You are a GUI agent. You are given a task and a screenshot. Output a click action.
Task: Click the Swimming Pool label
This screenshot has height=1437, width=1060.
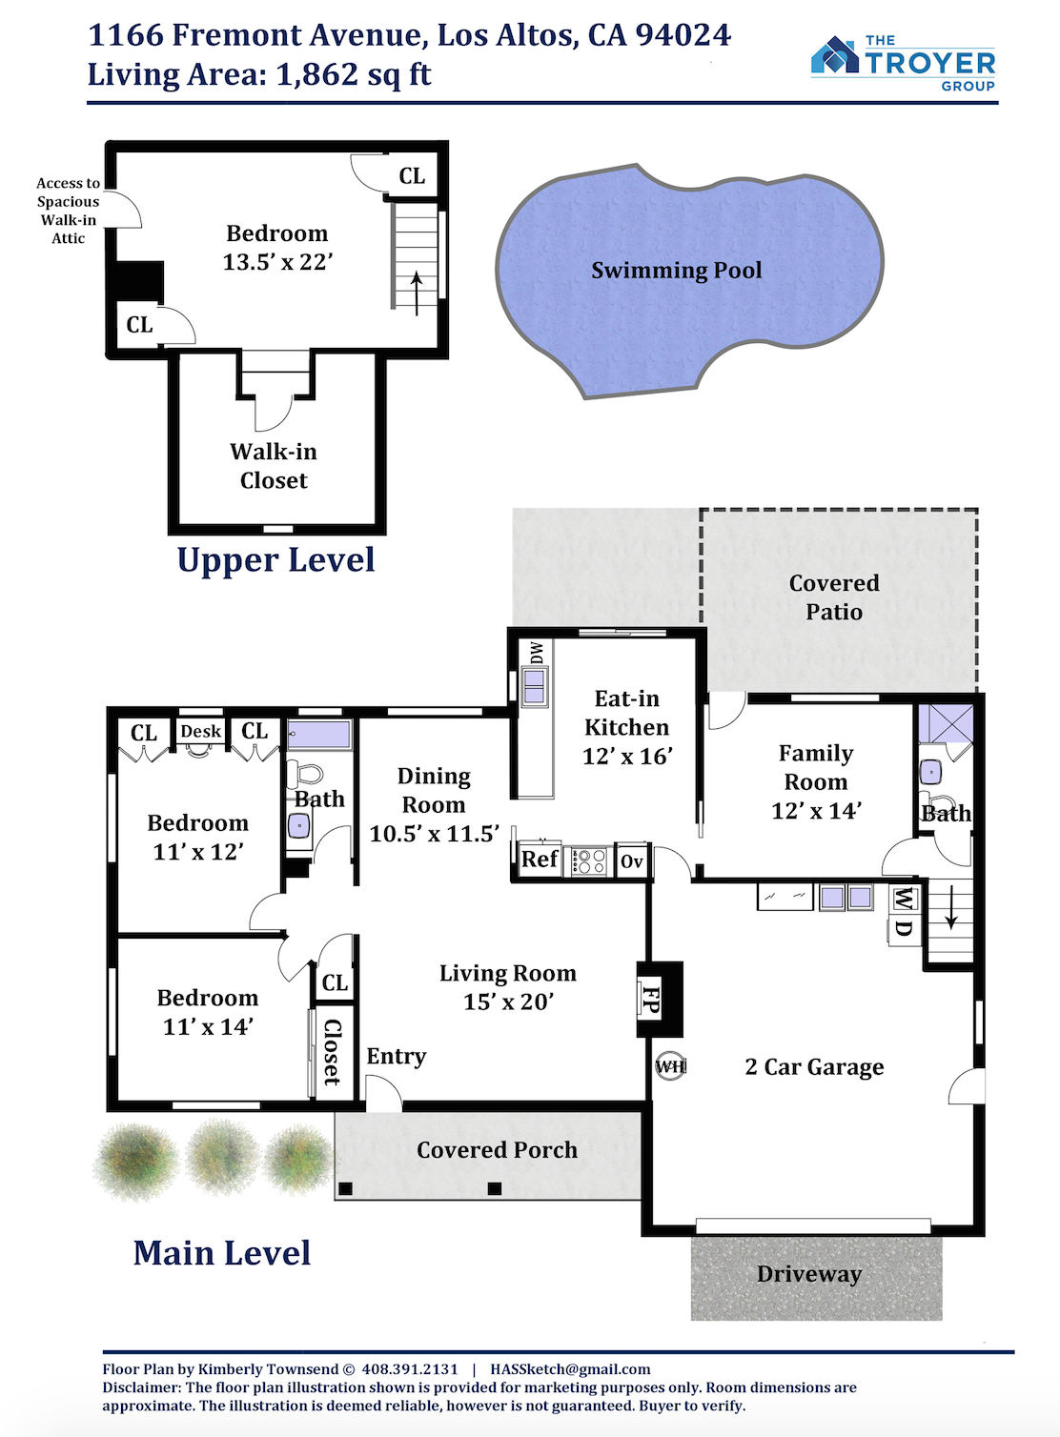pos(676,270)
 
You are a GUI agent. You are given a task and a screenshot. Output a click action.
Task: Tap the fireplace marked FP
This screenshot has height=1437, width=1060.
pos(659,999)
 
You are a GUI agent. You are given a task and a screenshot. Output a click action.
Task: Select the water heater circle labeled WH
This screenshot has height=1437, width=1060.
pos(670,1067)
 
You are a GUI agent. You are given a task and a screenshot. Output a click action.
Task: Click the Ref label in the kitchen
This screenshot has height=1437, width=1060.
pos(539,859)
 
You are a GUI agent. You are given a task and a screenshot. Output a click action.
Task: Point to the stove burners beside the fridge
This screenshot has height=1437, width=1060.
pos(588,860)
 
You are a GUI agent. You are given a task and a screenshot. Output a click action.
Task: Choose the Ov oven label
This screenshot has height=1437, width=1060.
pos(631,861)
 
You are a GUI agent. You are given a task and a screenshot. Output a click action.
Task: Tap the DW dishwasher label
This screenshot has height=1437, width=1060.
pos(537,653)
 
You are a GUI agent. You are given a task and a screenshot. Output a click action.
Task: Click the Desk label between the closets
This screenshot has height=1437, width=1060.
pos(200,731)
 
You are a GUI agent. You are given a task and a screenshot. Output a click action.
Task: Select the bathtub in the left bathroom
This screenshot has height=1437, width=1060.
pos(319,735)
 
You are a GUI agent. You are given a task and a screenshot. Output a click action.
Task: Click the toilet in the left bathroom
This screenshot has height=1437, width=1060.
pos(303,775)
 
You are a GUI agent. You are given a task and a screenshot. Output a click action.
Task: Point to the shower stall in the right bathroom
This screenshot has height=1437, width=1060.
pos(946,723)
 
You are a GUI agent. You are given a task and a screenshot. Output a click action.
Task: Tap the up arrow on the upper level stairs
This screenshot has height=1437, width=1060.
pos(417,293)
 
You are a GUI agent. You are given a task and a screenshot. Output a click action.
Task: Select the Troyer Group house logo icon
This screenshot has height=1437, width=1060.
pos(835,55)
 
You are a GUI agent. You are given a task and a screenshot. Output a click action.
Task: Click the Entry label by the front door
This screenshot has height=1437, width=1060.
pos(396,1057)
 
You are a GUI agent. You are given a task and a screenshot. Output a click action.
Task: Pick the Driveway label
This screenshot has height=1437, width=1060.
pos(809,1273)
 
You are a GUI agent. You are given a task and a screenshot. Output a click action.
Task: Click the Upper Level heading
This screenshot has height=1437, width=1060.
pos(275,559)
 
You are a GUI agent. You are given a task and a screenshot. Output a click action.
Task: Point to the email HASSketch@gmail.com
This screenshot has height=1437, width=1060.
pos(570,1369)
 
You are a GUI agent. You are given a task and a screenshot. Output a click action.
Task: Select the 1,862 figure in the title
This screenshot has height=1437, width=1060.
pos(317,75)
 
